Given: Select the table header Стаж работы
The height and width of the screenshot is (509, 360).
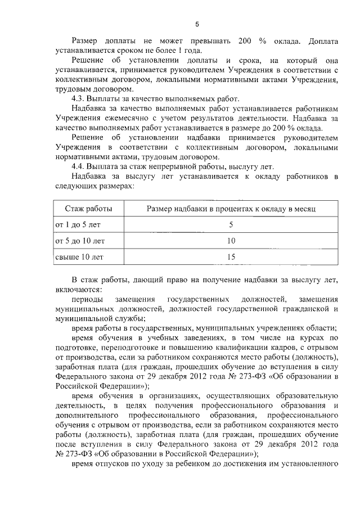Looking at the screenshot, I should [x=88, y=209].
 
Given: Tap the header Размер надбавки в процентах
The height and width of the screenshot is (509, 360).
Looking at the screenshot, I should [x=231, y=209].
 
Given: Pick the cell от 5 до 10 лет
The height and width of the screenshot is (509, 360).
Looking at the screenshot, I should [x=79, y=241].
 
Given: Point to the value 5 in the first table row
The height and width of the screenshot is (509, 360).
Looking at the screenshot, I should [x=231, y=225].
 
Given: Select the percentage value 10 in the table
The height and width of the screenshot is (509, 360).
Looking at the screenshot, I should [x=231, y=241].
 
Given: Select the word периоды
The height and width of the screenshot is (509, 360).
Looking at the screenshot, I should [x=87, y=300].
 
